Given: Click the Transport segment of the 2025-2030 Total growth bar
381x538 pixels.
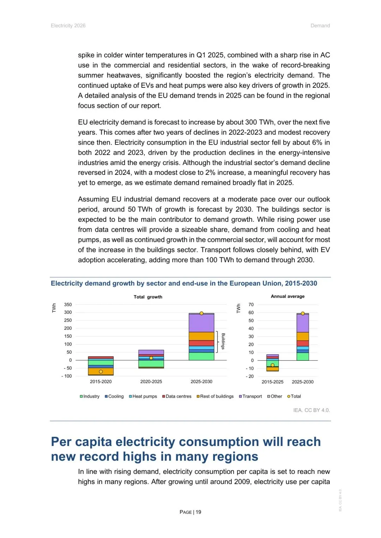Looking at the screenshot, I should [201, 323].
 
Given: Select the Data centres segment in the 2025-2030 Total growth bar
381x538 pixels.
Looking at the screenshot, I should [201, 343].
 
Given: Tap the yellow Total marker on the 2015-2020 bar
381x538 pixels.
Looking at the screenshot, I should [101, 372].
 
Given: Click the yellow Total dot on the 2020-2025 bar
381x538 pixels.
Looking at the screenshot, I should [151, 358].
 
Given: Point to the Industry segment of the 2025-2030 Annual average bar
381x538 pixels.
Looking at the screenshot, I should [303, 356].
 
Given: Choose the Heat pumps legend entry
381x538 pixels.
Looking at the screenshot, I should [143, 396].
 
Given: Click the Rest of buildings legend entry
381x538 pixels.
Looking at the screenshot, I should [215, 396].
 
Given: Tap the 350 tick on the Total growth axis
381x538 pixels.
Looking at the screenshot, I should [68, 305].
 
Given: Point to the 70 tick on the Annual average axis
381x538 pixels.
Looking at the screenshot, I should [251, 305].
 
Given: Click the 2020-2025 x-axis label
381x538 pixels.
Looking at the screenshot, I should [151, 381].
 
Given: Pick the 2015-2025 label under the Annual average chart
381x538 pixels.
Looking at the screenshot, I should [272, 382].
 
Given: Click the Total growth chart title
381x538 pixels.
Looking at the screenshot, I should [148, 297].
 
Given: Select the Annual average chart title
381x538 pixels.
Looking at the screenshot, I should [288, 296].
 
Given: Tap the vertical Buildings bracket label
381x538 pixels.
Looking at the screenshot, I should [223, 341].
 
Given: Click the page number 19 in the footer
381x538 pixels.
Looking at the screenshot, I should [198, 512].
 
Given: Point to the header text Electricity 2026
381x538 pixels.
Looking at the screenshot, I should [68, 26].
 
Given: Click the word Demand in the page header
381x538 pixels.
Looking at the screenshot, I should [320, 26].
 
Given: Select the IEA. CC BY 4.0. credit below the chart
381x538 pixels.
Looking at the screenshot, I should [312, 410].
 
